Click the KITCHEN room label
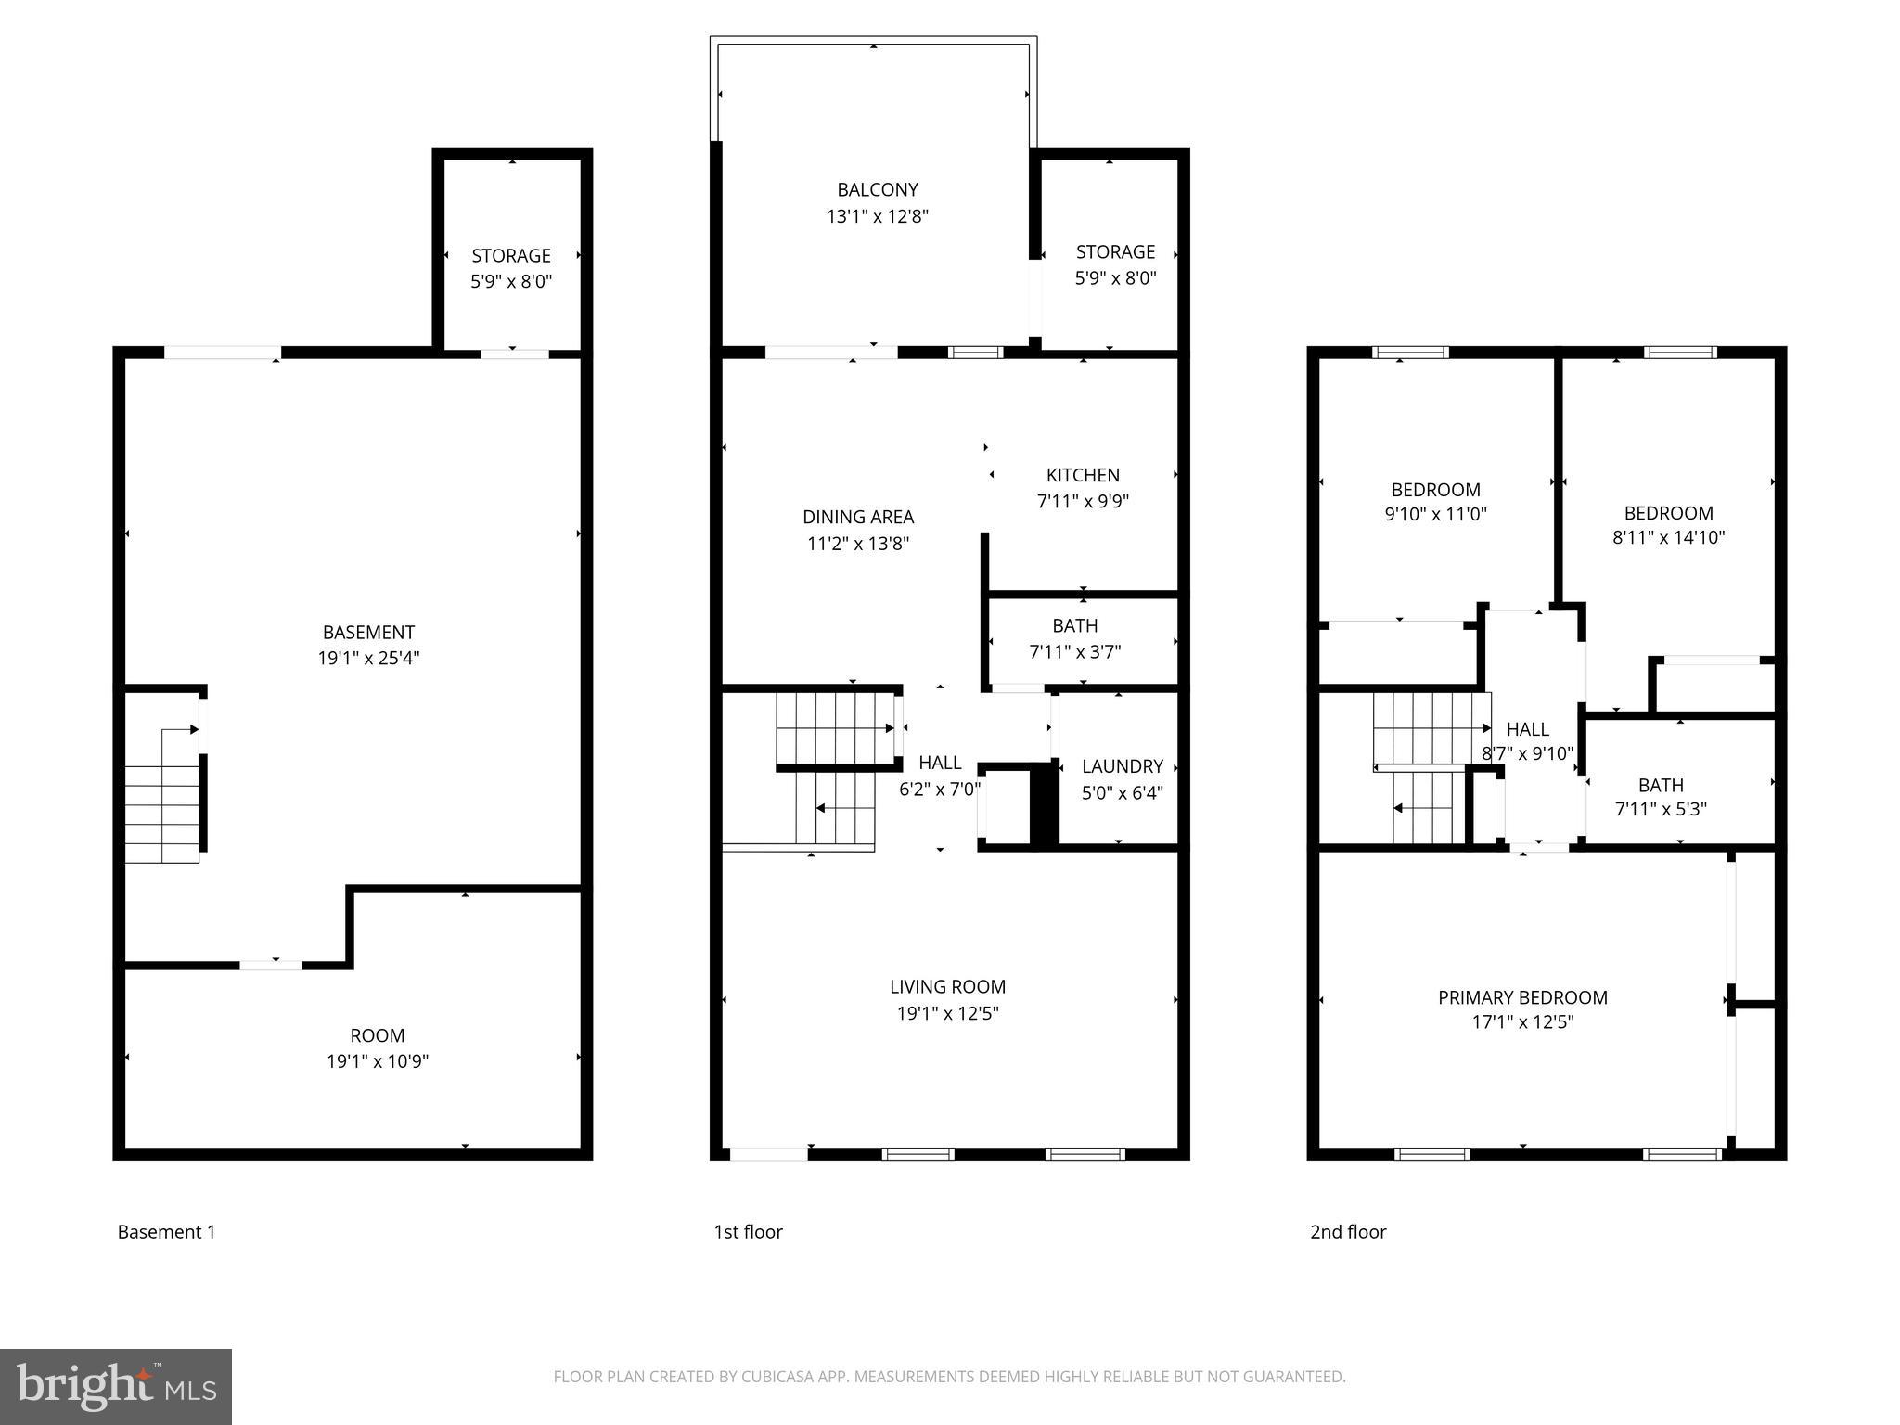tap(1083, 475)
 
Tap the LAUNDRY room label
tap(1122, 766)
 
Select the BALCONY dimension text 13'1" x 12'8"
tap(877, 216)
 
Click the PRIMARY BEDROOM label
tap(1522, 997)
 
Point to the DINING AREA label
tap(858, 517)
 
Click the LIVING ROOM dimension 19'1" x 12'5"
tap(947, 1013)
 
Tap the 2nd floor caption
tap(1348, 1232)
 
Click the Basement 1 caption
tap(166, 1232)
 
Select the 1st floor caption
tap(748, 1232)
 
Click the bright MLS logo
tap(116, 1387)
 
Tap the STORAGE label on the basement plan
tap(511, 255)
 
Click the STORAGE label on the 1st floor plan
tap(1115, 251)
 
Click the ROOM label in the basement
tap(377, 1035)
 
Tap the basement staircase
tap(163, 807)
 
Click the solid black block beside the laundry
tap(1045, 802)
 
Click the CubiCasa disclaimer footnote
tap(949, 1377)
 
